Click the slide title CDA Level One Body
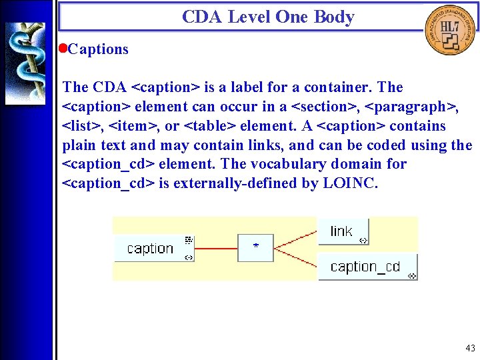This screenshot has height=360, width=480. click(x=268, y=17)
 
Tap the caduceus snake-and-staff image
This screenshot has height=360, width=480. click(x=25, y=63)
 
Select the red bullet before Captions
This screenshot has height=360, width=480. click(x=63, y=49)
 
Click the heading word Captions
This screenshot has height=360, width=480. click(x=98, y=49)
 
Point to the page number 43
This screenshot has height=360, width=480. click(x=471, y=348)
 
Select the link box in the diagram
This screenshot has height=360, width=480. click(x=343, y=231)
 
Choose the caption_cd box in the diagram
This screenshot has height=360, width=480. click(x=367, y=267)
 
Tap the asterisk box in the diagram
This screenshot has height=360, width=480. click(x=256, y=247)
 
